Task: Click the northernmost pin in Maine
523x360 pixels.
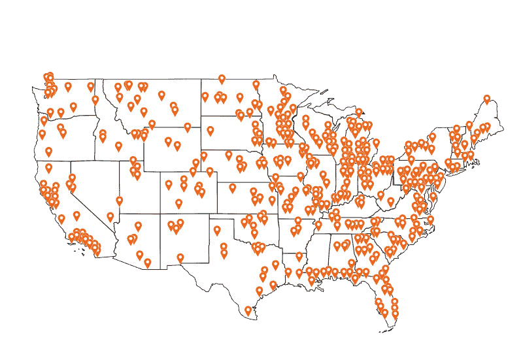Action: point(487,99)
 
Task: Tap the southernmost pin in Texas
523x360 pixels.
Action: point(248,311)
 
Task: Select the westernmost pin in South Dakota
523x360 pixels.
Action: point(211,131)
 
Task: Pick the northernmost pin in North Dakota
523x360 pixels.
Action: point(222,79)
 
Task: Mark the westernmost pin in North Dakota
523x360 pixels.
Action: point(205,97)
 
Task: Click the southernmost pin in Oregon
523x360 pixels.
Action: point(48,152)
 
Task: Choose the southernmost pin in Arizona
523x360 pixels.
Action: point(147,263)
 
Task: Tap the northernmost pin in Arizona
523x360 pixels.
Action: point(138,226)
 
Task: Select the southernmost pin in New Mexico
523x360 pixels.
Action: point(180,258)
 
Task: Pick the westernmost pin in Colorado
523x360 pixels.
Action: point(168,185)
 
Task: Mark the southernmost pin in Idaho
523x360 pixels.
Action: point(118,146)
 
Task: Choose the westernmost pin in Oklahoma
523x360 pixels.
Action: point(217,230)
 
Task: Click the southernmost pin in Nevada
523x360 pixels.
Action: point(110,217)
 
